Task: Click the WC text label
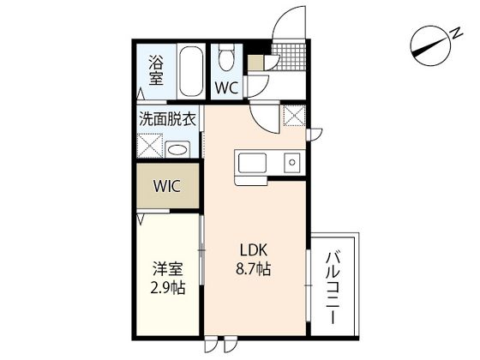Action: pos(226,87)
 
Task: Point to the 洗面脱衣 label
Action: pos(168,119)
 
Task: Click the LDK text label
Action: pos(254,250)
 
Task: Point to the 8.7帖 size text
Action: pos(254,268)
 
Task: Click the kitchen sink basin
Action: pos(254,161)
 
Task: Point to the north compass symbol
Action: pos(432,44)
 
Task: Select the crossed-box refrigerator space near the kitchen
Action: pos(292,116)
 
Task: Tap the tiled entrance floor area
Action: pos(289,57)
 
